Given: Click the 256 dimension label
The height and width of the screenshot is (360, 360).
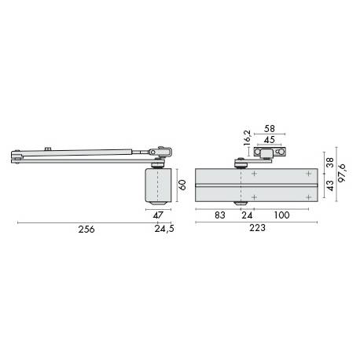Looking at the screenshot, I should tap(86, 230).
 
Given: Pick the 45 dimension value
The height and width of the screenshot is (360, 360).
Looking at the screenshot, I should tap(270, 141).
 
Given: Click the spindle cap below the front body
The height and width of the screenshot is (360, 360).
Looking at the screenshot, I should tap(238, 208).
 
